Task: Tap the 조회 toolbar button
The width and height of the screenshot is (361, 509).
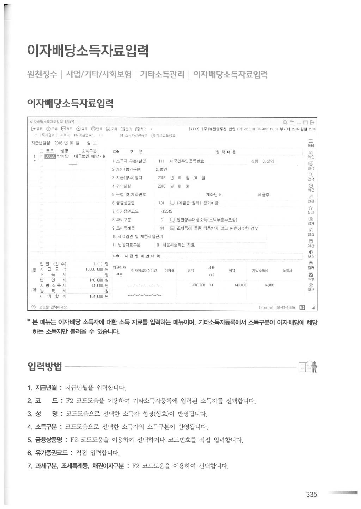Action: click(112, 129)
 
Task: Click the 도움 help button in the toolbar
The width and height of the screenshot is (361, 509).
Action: click(52, 129)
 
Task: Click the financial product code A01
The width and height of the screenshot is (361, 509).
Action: click(161, 203)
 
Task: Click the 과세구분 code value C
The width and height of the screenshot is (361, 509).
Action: click(161, 220)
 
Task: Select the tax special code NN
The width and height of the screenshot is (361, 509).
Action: click(161, 228)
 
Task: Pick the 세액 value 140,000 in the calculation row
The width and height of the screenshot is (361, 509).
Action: click(240, 285)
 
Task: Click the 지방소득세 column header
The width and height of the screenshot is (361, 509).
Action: click(260, 271)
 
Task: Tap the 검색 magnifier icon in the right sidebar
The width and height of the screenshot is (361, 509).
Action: click(311, 175)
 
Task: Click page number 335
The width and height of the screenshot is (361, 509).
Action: click(311, 495)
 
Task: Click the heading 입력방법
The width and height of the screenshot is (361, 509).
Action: click(45, 367)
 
